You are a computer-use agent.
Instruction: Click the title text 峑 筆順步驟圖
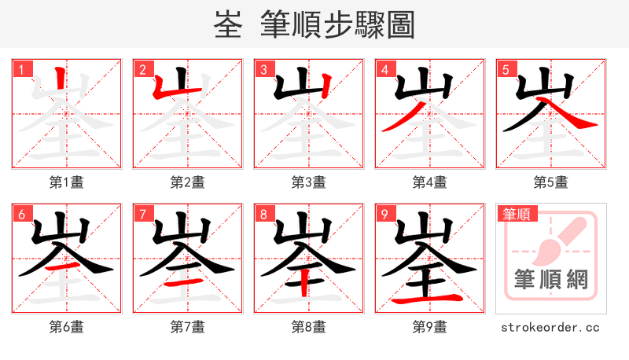[314, 24]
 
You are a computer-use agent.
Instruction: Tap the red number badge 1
[20, 69]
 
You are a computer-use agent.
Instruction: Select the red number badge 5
[505, 69]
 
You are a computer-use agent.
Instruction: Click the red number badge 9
[384, 214]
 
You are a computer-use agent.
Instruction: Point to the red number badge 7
[142, 214]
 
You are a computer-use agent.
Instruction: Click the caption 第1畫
[66, 182]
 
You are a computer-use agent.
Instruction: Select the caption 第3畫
[308, 182]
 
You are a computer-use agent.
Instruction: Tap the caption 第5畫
[550, 182]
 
